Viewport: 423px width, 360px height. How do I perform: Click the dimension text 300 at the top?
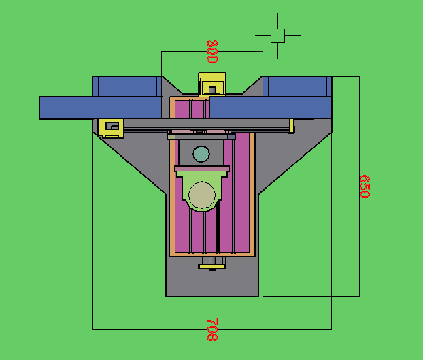click(x=211, y=51)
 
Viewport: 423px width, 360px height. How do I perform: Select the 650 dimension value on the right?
click(x=364, y=186)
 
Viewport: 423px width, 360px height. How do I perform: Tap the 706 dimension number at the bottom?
click(x=211, y=329)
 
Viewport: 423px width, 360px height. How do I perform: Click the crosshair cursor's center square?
click(x=277, y=35)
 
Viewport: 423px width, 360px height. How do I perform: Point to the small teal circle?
click(x=201, y=153)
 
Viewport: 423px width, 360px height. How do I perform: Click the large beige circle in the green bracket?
click(x=201, y=195)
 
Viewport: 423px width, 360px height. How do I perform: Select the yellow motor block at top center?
click(x=211, y=84)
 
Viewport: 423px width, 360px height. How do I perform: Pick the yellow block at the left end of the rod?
click(x=109, y=127)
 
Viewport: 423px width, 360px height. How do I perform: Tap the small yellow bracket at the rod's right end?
click(x=292, y=126)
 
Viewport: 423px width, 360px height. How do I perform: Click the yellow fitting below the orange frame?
click(x=211, y=263)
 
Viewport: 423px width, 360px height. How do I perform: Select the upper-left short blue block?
click(x=127, y=86)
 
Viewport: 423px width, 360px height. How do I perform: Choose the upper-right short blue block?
click(x=297, y=86)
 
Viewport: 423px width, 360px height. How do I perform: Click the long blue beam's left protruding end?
click(x=68, y=108)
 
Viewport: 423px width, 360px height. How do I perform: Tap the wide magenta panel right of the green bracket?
click(x=241, y=197)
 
